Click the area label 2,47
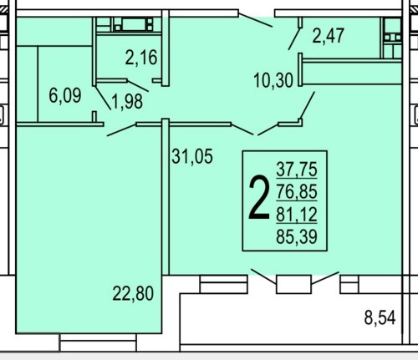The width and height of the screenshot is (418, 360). pos(328,36)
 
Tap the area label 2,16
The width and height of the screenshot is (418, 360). pos(141,58)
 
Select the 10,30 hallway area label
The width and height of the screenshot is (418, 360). pos(273,80)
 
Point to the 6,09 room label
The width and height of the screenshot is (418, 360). pos(65,95)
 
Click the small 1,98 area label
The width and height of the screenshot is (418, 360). pos(127,101)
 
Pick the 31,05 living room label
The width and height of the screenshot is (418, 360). pos(192,156)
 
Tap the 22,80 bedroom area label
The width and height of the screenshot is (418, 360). pos(133,293)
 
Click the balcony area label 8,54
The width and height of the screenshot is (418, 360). pos(380,317)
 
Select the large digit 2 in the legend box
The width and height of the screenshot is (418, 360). pos(259,197)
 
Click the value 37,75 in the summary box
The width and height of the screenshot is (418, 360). pos(297,169)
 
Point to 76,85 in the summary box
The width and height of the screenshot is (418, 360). pos(297,191)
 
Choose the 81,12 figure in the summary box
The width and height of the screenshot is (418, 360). pos(297,215)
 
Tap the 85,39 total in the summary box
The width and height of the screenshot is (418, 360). pos(297,237)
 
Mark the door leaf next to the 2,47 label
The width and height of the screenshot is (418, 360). pos(294,38)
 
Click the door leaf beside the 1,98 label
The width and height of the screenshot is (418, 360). pos(103,98)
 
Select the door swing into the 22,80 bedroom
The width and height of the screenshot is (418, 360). pos(122,130)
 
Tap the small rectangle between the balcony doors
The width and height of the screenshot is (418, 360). pos(293,284)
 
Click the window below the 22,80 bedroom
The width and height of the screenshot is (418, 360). pos(98,342)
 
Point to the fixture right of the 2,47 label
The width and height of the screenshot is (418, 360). pos(391,38)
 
